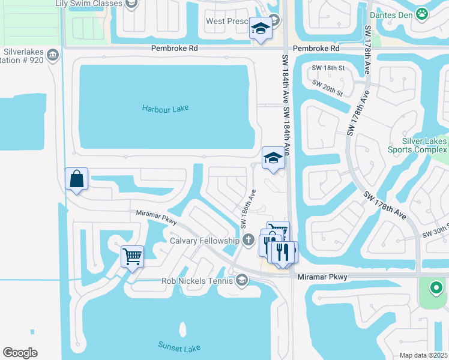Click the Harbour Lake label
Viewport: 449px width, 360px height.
[x=165, y=109]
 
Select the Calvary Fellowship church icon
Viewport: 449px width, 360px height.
[x=249, y=241]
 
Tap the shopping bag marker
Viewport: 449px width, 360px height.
[x=77, y=179]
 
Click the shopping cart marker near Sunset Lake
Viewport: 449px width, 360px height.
[x=132, y=257]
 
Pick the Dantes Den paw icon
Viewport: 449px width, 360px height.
[x=423, y=12]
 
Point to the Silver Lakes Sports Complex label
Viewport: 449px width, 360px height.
[x=424, y=145]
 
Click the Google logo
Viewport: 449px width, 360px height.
[x=20, y=353]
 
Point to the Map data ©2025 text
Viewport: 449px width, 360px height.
[x=423, y=355]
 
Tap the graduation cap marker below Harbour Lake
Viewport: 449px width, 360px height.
[x=273, y=158]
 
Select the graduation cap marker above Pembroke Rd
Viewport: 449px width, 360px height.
[x=261, y=29]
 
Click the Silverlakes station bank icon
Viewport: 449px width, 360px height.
[x=53, y=55]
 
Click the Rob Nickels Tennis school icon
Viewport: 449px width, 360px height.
[x=241, y=280]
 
